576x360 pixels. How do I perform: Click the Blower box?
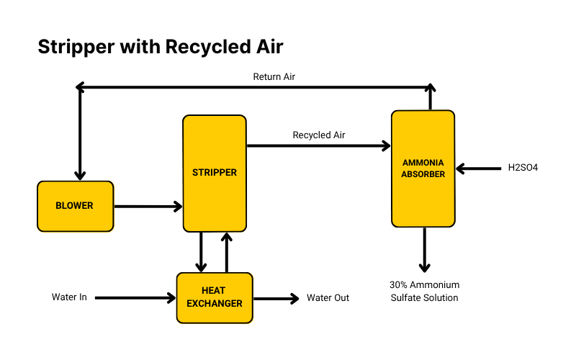[x=75, y=206]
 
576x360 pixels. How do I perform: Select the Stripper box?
[x=214, y=173]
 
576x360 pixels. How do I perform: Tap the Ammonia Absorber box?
[x=423, y=168]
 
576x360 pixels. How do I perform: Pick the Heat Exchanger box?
[x=215, y=297]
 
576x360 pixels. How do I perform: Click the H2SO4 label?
[x=523, y=168]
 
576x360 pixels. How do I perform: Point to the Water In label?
[x=69, y=297]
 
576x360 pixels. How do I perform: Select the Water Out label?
[x=328, y=297]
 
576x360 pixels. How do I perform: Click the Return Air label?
[x=274, y=76]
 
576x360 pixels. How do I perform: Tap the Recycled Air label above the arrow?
[x=318, y=135]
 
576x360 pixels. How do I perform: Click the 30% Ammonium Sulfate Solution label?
[x=424, y=291]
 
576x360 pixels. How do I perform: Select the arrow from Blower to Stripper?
[x=148, y=207]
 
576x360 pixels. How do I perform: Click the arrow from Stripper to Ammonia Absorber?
[x=318, y=146]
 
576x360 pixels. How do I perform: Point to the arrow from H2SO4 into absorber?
[x=478, y=169]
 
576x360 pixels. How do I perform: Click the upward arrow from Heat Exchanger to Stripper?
[x=227, y=251]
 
